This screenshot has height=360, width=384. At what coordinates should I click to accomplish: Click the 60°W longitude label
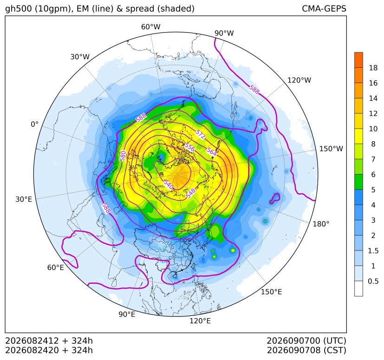(x=150, y=27)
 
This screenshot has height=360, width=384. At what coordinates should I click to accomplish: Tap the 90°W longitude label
(x=224, y=33)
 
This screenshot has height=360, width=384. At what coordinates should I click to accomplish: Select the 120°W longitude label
(x=299, y=80)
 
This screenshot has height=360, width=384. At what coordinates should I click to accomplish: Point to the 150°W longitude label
(x=331, y=149)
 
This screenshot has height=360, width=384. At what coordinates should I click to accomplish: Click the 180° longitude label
(x=321, y=224)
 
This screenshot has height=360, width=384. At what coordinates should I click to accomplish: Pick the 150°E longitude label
(x=271, y=292)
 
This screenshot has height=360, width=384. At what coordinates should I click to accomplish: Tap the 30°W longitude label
(x=80, y=57)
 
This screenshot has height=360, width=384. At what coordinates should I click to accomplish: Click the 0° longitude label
(x=35, y=124)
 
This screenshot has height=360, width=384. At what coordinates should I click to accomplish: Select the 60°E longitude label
(x=56, y=268)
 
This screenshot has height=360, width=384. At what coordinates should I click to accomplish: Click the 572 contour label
(x=200, y=135)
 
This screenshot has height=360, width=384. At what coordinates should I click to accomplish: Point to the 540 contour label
(x=168, y=185)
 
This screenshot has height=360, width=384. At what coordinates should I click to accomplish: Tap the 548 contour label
(x=191, y=193)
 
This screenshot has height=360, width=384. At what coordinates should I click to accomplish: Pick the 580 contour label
(x=123, y=156)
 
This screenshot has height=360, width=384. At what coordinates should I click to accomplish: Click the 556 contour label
(x=189, y=148)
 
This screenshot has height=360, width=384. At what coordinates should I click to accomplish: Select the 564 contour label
(x=211, y=152)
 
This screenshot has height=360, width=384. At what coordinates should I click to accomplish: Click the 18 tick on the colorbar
(x=373, y=68)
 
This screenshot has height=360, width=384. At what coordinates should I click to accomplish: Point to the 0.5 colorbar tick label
(x=373, y=281)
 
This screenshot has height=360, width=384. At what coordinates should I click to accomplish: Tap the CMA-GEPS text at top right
(x=324, y=9)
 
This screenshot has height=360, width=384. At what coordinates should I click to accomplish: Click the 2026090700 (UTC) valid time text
(x=306, y=341)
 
